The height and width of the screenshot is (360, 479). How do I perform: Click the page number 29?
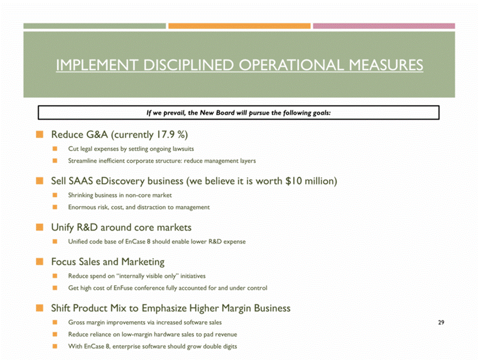click(x=441, y=322)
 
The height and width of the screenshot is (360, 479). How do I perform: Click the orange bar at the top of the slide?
click(x=240, y=26)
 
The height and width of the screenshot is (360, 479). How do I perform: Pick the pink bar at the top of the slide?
click(x=384, y=26)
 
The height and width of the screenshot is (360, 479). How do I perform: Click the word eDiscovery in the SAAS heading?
click(x=126, y=181)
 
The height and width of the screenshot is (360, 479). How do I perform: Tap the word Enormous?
click(x=82, y=207)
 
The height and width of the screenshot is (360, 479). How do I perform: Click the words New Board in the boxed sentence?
click(x=223, y=112)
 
